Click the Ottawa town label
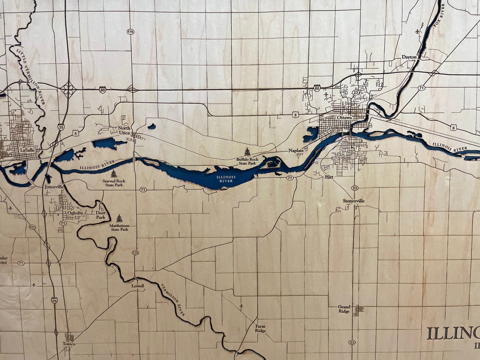point(344,117)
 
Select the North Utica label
point(124,130)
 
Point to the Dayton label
point(409,57)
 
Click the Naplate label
point(296,150)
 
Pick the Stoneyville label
point(354,201)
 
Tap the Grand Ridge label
point(344,309)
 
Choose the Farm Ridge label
point(261,328)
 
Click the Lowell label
point(138,285)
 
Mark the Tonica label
point(69,344)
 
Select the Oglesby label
point(75,213)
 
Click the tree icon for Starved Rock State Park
point(114,173)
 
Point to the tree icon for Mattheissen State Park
point(119,219)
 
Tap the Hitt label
point(329,177)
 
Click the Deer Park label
point(101,215)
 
